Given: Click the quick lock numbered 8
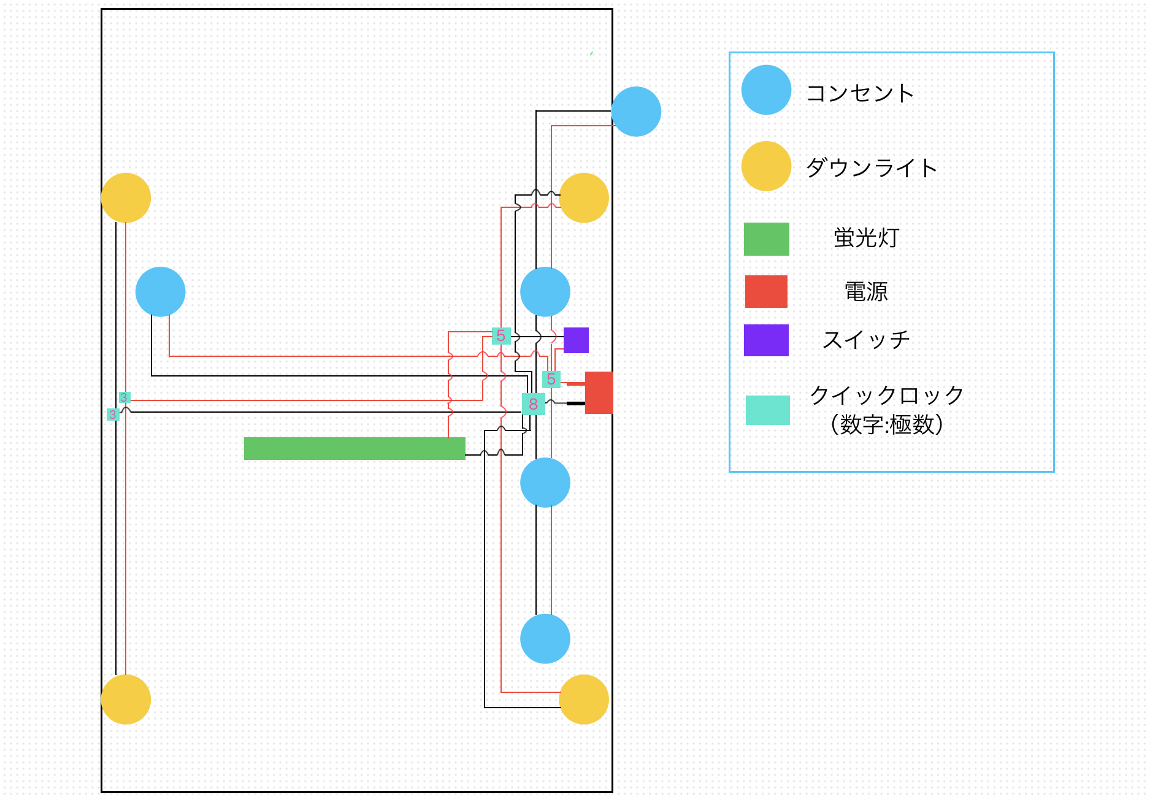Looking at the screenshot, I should tap(533, 404).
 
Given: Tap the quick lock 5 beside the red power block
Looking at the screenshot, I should tap(551, 380).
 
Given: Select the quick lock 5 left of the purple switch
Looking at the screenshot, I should tap(501, 335).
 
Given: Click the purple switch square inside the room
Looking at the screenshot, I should tap(576, 340).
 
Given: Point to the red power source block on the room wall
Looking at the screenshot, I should tap(599, 392).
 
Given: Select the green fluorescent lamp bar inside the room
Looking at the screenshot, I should tap(355, 448).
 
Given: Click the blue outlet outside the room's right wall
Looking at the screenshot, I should tap(636, 112).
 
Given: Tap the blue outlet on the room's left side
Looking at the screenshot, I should tap(160, 292).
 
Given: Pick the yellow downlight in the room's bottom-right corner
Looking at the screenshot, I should tap(584, 699).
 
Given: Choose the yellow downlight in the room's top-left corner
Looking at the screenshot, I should tap(126, 197).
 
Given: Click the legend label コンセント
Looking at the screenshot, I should tap(860, 93).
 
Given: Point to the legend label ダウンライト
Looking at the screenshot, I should tap(872, 167).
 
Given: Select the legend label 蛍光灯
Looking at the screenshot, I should tap(866, 238).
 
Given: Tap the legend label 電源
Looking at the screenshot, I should tap(866, 291).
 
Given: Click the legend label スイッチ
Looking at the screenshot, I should tap(866, 340).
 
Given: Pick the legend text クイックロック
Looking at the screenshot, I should tap(887, 396).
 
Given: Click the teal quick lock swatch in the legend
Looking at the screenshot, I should tap(767, 410).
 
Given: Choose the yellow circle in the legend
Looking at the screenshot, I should tap(766, 166).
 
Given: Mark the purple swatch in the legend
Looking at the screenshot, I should tap(766, 340).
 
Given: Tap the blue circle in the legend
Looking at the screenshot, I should tap(766, 90).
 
